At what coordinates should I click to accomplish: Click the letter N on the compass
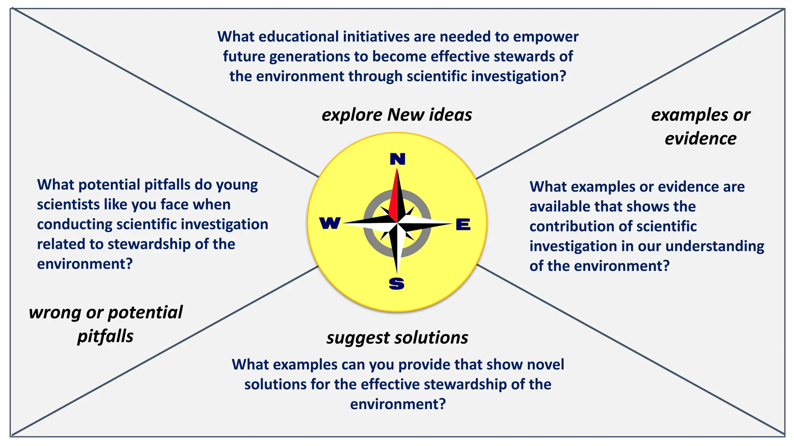click(x=397, y=159)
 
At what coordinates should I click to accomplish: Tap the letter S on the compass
click(x=397, y=284)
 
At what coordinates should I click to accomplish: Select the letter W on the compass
click(x=330, y=223)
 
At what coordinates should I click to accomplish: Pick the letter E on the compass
click(x=463, y=225)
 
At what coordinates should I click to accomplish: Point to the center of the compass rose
click(x=397, y=223)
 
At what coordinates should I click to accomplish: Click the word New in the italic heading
click(x=406, y=115)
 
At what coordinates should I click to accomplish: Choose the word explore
click(x=352, y=115)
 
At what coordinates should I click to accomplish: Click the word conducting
click(x=74, y=225)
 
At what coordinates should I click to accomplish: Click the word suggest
click(x=358, y=338)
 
